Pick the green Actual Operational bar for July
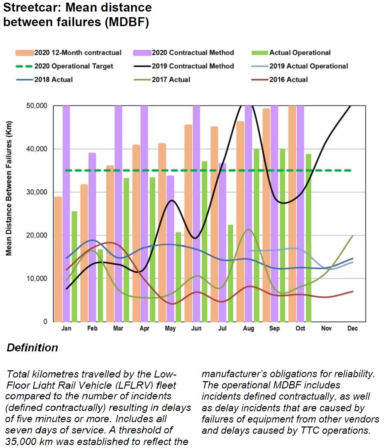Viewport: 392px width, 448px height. [230, 273]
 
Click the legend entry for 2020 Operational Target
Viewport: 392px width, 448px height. [73, 66]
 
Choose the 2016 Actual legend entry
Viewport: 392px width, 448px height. [288, 79]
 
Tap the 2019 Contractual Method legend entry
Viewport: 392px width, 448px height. [193, 66]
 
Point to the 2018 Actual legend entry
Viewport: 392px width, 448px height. [53, 79]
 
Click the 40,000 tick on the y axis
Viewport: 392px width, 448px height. [37, 149]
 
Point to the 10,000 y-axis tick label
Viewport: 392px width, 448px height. [37, 278]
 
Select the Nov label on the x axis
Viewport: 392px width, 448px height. [326, 328]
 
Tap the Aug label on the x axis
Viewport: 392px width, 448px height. [248, 328]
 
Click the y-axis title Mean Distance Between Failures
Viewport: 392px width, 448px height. [9, 189]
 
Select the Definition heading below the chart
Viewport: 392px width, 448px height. [32, 347]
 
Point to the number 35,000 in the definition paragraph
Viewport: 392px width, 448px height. [21, 441]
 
